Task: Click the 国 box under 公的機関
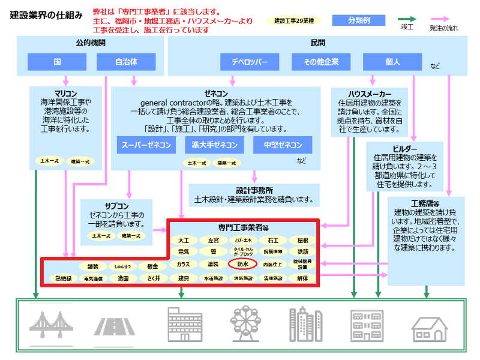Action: (x=57, y=62)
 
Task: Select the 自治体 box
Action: (x=126, y=62)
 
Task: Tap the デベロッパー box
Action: (x=249, y=62)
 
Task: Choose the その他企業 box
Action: (x=321, y=62)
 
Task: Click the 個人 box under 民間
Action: (x=392, y=62)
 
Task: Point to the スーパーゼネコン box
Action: (x=147, y=145)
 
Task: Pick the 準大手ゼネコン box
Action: (x=215, y=145)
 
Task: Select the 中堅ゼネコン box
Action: (x=283, y=145)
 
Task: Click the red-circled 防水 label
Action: (x=242, y=263)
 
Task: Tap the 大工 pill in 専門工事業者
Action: (x=184, y=240)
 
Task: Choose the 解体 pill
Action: (x=303, y=278)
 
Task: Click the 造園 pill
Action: (x=124, y=278)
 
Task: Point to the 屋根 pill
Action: (x=303, y=240)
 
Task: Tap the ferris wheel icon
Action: (x=246, y=325)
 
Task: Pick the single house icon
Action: (x=430, y=328)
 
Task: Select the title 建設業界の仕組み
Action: (x=46, y=15)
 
